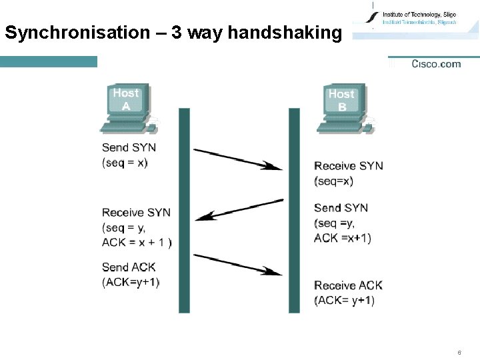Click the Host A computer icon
pos(129,107)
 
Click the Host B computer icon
pos(344,108)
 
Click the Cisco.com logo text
pos(436,64)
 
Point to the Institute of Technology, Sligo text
pos(419,15)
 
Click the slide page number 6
pos(459,352)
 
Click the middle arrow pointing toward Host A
pos(241,208)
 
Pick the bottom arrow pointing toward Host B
pos(238,265)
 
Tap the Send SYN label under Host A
pos(129,147)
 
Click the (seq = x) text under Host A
pos(125,163)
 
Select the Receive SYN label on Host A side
pos(136,213)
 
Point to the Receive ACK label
pos(348,285)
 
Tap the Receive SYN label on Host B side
pos(348,165)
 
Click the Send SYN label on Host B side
pos(341,208)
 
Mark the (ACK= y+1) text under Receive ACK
pos(344,301)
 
